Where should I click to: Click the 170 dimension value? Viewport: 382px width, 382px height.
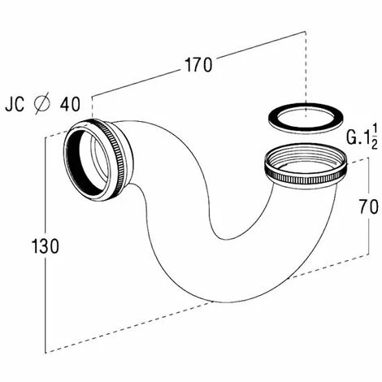(x=198, y=65)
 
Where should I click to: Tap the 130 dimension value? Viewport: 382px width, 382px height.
(x=46, y=245)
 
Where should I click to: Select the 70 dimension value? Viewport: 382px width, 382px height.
(x=369, y=206)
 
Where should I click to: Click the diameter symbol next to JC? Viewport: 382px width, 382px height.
(x=42, y=104)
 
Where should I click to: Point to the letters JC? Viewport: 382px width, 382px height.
(x=15, y=104)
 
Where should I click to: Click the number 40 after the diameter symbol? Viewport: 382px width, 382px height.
(x=70, y=104)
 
